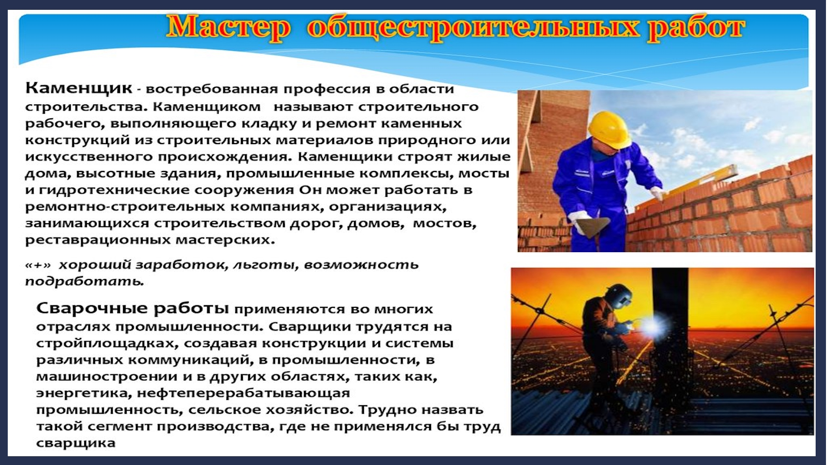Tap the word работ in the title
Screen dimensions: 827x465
(696, 27)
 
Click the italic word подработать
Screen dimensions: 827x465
(84, 282)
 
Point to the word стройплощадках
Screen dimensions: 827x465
(103, 344)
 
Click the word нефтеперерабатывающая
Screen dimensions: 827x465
(243, 393)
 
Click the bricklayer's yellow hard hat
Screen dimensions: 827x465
(610, 129)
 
